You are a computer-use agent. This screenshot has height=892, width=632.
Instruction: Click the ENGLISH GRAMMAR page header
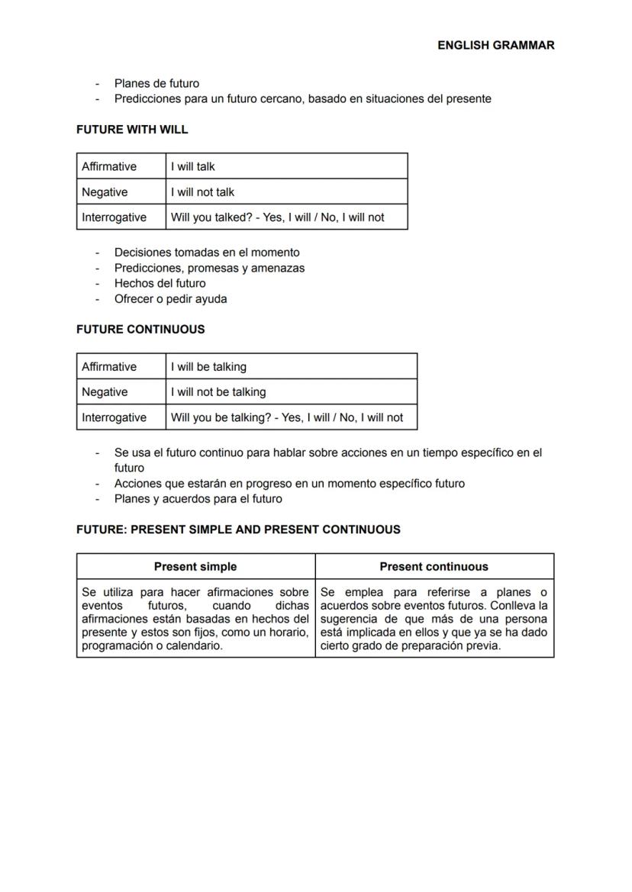coord(495,45)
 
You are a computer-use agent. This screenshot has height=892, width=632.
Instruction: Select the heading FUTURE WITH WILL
coord(132,130)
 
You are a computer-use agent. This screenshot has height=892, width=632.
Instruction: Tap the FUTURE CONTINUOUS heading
coord(140,330)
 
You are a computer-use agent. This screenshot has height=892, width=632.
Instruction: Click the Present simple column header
coord(195,567)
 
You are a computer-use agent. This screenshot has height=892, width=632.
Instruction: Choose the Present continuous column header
coord(434,567)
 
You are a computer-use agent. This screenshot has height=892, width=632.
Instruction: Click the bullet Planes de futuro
coord(156,83)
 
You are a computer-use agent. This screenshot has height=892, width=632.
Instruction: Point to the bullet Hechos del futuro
coord(160,283)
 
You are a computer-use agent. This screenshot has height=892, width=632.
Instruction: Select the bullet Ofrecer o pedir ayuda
coord(170,299)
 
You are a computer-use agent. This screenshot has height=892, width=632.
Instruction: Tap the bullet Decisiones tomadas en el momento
coord(207,253)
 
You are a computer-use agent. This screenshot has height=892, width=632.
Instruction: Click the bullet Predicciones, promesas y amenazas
coord(209,268)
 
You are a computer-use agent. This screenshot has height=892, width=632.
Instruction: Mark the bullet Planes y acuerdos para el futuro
coord(198,499)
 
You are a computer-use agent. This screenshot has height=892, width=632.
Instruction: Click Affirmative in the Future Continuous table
coord(109,367)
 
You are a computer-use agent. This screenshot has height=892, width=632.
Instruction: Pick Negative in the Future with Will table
coord(105,192)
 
